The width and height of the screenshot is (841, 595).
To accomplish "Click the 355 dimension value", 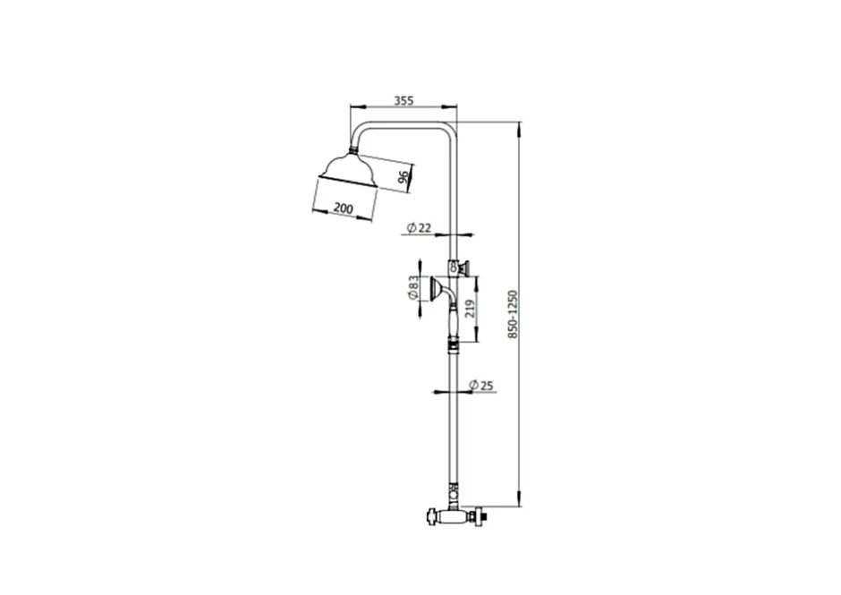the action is pyautogui.click(x=404, y=100).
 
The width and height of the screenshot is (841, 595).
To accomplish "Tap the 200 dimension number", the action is pyautogui.click(x=344, y=208).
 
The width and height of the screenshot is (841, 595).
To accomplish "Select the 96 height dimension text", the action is pyautogui.click(x=404, y=175).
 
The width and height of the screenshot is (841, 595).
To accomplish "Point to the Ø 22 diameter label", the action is pyautogui.click(x=419, y=227).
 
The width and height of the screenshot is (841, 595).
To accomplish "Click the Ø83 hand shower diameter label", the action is pyautogui.click(x=413, y=287).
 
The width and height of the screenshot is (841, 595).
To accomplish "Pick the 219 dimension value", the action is pyautogui.click(x=471, y=309).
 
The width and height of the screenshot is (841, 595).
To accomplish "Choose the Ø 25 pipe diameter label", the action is pyautogui.click(x=480, y=386).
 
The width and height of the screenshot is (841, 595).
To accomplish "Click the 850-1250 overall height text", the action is pyautogui.click(x=513, y=314).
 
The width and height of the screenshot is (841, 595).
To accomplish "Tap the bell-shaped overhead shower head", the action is pyautogui.click(x=349, y=171).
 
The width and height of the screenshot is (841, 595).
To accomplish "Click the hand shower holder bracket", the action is pyautogui.click(x=459, y=267).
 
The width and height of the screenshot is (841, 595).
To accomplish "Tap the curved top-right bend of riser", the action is pyautogui.click(x=452, y=127).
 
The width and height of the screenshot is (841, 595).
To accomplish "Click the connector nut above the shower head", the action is pyautogui.click(x=354, y=149).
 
